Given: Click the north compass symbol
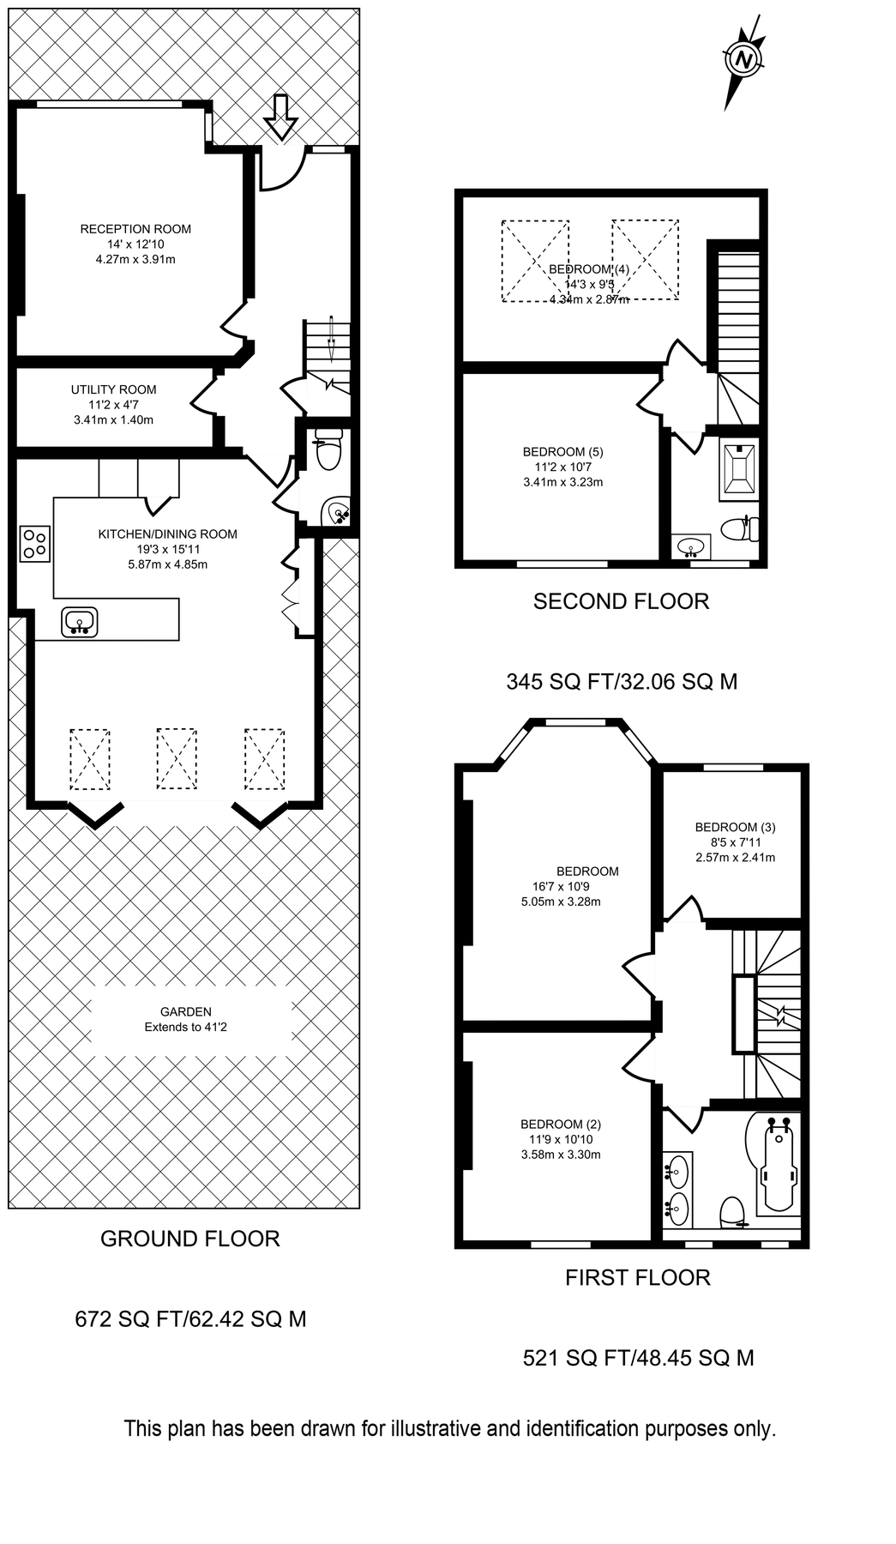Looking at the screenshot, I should click(x=743, y=61).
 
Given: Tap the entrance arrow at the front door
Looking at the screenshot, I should click(x=280, y=117).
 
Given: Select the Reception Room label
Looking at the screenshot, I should click(x=135, y=229).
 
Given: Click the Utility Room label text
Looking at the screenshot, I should click(x=113, y=389).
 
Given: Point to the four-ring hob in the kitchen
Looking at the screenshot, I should click(x=35, y=544).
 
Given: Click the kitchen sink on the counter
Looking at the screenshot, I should click(x=80, y=621).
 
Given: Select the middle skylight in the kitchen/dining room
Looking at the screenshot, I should click(x=177, y=758).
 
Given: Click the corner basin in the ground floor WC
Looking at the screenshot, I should click(x=336, y=513).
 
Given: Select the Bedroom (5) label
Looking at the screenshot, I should click(x=563, y=452).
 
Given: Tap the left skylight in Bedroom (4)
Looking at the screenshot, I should click(x=535, y=261).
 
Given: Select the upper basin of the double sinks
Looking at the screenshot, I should click(x=677, y=1168).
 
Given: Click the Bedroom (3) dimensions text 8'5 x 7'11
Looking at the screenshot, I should click(x=735, y=842).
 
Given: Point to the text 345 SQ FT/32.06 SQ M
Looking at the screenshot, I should click(x=622, y=682).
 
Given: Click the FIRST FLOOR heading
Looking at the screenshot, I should click(x=637, y=1277).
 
